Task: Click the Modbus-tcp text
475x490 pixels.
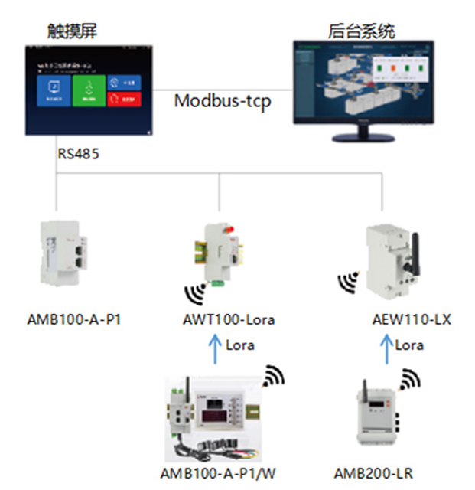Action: click(222, 101)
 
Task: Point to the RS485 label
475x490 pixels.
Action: click(78, 153)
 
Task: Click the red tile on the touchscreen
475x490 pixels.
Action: click(123, 100)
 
